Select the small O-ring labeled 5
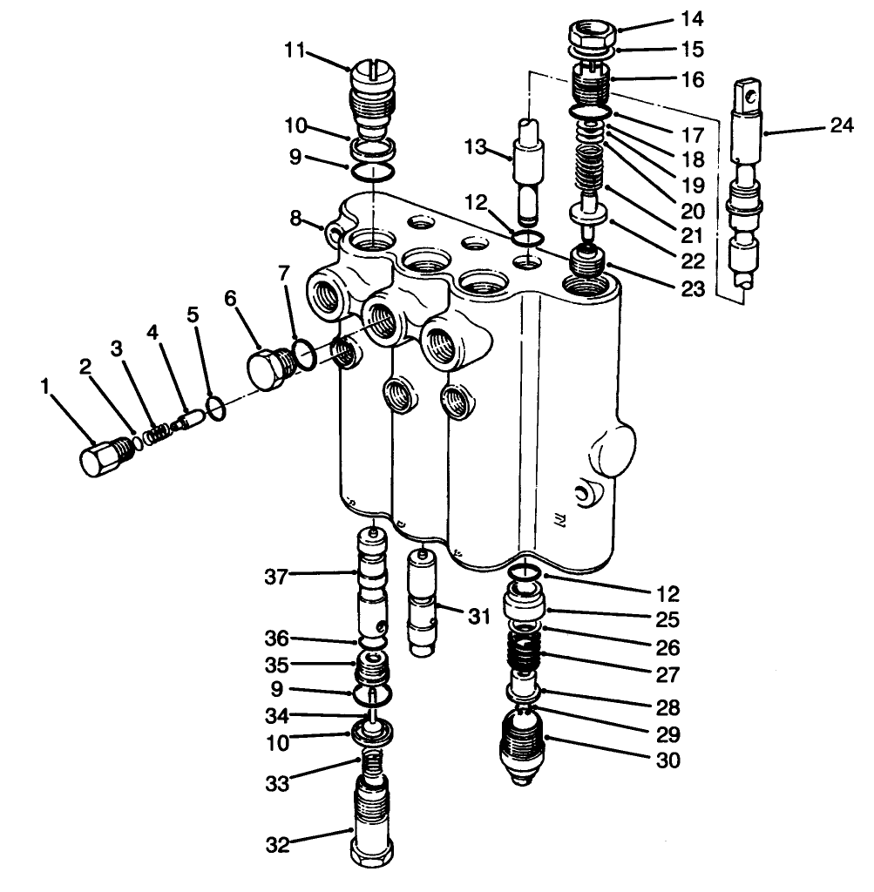[x=216, y=407]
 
